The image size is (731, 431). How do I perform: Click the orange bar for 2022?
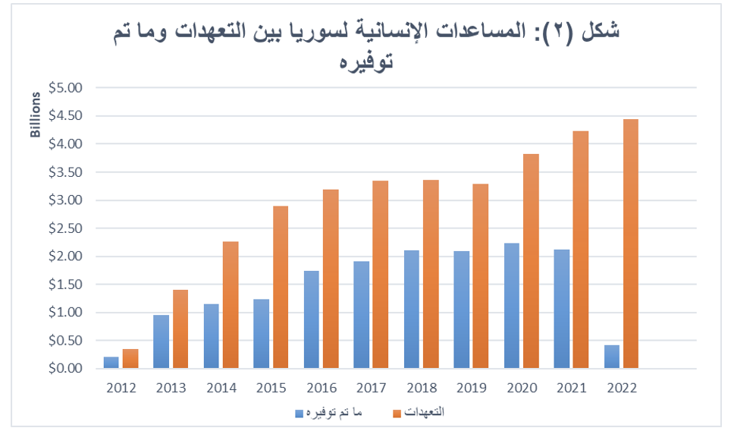[x=630, y=244]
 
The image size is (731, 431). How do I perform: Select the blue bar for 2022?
[x=611, y=357]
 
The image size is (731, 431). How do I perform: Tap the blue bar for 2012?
[x=111, y=363]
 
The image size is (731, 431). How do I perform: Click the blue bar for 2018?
[x=411, y=309]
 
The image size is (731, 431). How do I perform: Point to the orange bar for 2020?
[x=530, y=261]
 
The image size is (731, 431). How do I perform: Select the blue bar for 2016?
[x=311, y=319]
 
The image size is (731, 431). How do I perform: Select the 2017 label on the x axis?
[x=371, y=388]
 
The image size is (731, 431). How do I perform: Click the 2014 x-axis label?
[x=221, y=388]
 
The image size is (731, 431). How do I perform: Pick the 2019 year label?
[x=472, y=388]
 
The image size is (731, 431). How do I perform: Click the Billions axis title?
[x=35, y=115]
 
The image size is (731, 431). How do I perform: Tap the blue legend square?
[x=300, y=413]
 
